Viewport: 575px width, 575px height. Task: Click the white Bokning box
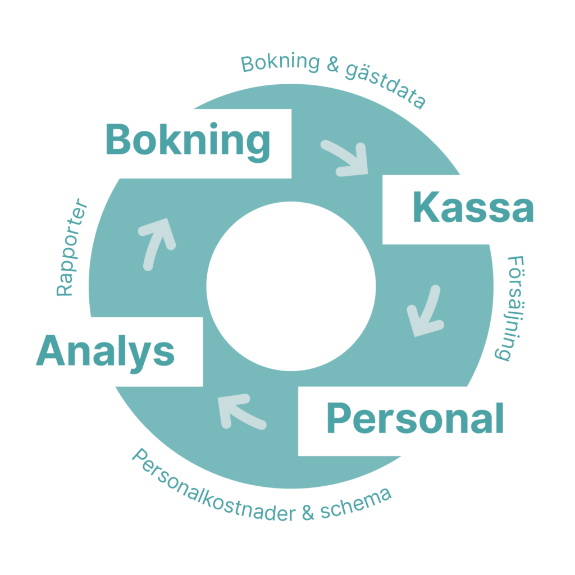point(184,144)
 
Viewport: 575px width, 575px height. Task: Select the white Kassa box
point(473,209)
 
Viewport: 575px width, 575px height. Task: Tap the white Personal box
point(415,421)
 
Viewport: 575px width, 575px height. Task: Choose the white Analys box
point(106,352)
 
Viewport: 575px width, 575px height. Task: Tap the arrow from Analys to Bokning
point(157,240)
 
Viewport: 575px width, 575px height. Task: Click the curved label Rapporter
point(72,248)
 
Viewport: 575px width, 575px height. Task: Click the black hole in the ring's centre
point(291,286)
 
